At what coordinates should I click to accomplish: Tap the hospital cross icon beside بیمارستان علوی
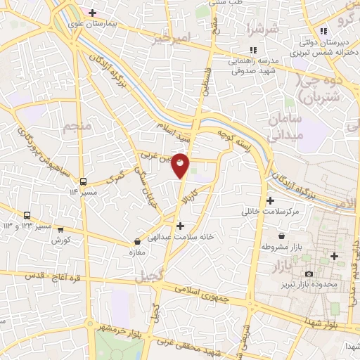[91, 12]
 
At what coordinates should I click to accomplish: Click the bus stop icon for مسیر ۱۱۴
[84, 180]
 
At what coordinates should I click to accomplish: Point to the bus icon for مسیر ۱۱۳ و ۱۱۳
[27, 216]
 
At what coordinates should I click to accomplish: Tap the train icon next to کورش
[60, 229]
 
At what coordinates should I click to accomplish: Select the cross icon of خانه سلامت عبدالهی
[181, 226]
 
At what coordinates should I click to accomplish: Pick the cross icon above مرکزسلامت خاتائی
[271, 200]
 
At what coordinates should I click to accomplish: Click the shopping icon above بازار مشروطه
[282, 236]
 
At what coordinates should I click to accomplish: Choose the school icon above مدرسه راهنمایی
[253, 49]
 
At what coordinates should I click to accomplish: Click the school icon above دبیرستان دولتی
[323, 31]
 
